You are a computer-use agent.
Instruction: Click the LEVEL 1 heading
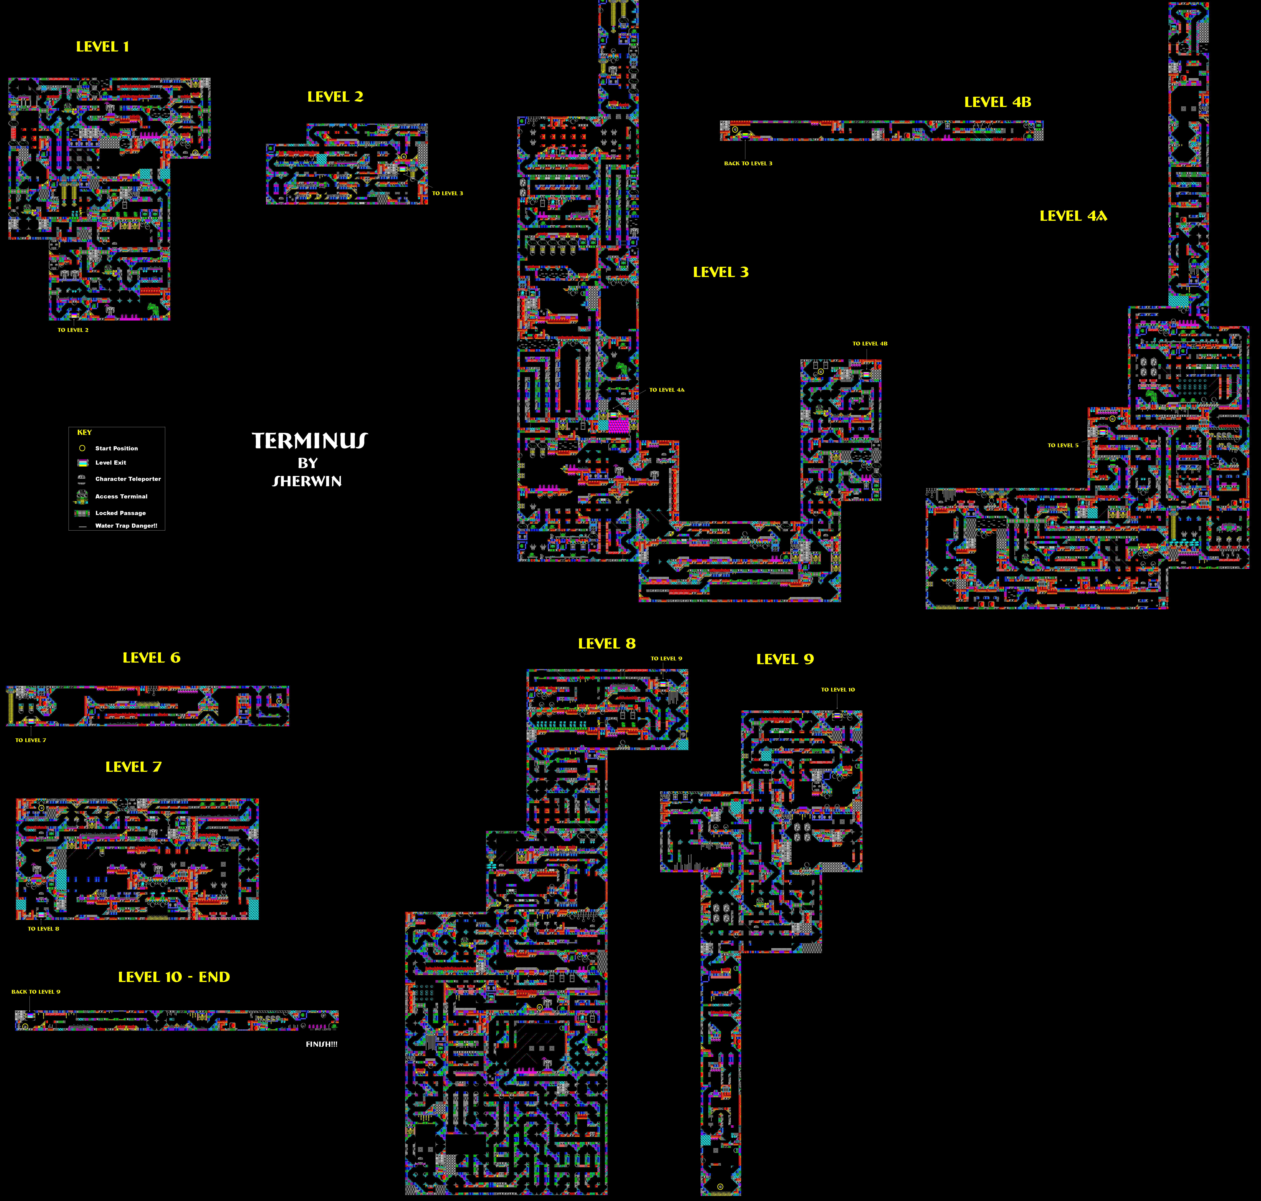(x=102, y=47)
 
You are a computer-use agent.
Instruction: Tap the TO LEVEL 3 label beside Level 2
(x=447, y=193)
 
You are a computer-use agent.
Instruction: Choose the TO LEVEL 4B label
(x=869, y=344)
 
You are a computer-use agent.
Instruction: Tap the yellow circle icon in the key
(x=82, y=448)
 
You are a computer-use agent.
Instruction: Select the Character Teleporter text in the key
(x=128, y=479)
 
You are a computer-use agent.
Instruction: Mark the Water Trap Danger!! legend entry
(x=126, y=526)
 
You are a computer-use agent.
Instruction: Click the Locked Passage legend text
(x=120, y=513)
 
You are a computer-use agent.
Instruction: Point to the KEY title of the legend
(x=85, y=433)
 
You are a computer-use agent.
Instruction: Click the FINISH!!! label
(x=321, y=1044)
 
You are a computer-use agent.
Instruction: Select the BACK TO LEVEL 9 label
(x=36, y=992)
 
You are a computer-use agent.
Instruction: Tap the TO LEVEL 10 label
(x=838, y=689)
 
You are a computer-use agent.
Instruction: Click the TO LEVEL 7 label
(x=31, y=740)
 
